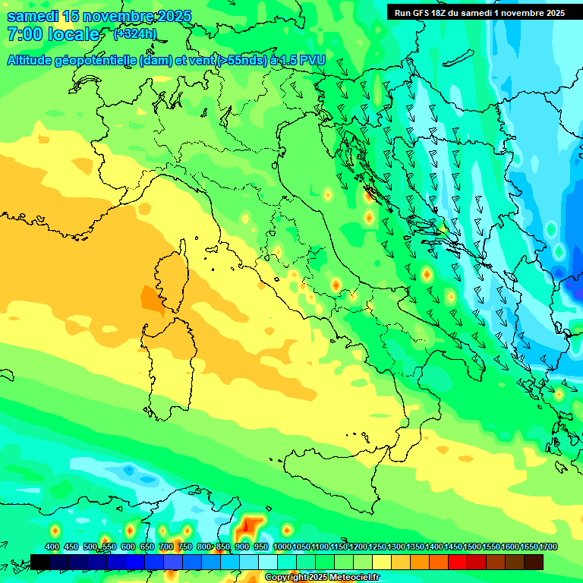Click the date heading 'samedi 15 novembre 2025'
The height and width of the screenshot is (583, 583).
(99, 16)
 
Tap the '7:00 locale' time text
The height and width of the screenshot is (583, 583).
(53, 34)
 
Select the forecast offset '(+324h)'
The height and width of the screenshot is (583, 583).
(135, 34)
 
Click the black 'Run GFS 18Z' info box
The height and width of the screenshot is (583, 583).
(479, 12)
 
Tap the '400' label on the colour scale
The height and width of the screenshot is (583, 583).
(52, 547)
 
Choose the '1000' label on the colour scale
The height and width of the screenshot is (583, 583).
(282, 547)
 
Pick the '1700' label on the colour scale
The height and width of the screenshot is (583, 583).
(528, 547)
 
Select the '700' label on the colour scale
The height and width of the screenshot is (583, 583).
(166, 547)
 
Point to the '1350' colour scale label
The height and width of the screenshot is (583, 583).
(414, 547)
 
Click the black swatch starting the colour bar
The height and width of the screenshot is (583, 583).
(40, 561)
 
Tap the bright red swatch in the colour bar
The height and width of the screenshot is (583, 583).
(458, 561)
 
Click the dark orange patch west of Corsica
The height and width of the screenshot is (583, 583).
(152, 298)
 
